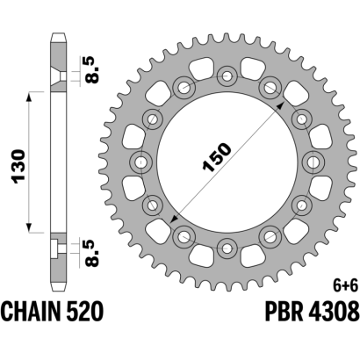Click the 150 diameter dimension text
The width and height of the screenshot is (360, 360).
[x=217, y=157]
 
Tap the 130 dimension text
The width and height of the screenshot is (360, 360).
[x=19, y=167]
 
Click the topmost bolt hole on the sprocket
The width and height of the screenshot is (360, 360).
[x=227, y=76]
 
